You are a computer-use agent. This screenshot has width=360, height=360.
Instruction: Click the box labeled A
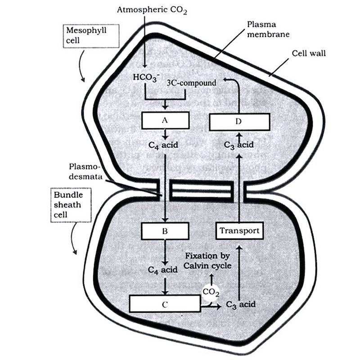point(165,120)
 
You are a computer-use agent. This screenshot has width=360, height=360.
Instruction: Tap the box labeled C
point(165,304)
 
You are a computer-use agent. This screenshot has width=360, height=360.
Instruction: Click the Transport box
point(239,231)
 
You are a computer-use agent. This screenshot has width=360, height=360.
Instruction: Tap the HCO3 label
point(144,76)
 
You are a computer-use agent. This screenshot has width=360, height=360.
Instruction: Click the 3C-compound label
point(191,83)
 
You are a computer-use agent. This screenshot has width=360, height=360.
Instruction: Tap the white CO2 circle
point(211,292)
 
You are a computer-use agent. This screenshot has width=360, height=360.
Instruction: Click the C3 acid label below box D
point(239,145)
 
